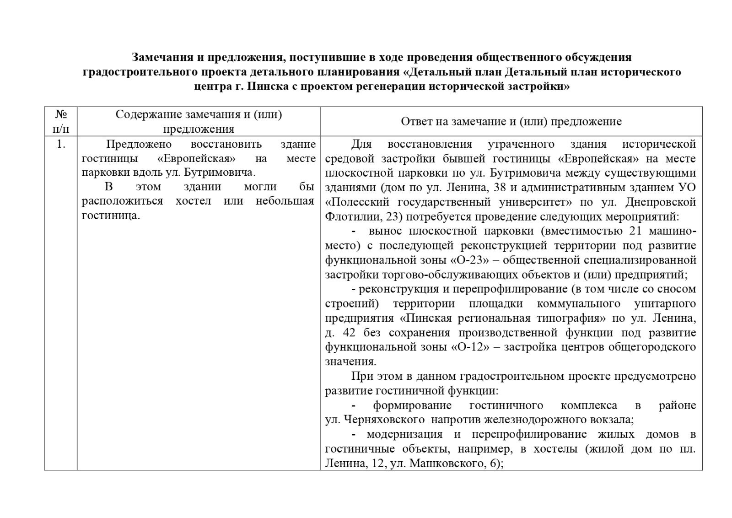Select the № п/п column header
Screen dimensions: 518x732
[x=61, y=121]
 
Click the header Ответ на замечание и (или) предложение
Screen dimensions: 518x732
[x=511, y=121]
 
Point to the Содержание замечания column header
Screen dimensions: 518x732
[x=199, y=121]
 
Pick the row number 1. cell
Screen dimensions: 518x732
[x=61, y=145]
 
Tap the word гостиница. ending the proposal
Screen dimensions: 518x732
[x=111, y=216]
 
